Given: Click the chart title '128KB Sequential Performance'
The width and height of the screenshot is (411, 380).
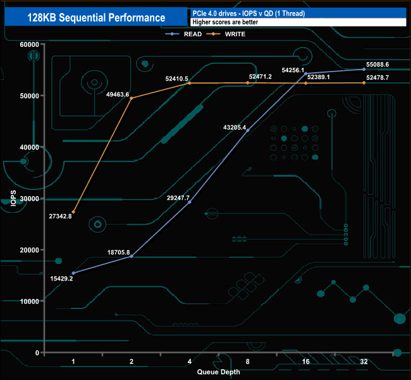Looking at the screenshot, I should (95, 18).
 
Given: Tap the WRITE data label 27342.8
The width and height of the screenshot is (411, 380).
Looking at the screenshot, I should (60, 216).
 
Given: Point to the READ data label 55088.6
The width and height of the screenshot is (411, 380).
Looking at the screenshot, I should (377, 65).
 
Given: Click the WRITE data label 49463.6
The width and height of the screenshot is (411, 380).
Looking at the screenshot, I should (118, 94).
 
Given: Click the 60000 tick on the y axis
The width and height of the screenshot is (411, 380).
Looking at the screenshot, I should (28, 44).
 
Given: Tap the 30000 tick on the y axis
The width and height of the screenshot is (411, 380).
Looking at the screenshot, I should (28, 198).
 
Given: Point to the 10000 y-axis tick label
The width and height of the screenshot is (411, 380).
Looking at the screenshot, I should (28, 301).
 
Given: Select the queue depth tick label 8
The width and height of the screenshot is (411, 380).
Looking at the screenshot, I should (247, 362).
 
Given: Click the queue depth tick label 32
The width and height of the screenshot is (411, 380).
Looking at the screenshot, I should (364, 362).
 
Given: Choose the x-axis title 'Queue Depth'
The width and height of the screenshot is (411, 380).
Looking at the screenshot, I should (218, 372).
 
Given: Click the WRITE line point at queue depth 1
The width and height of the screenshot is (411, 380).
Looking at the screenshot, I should (73, 212).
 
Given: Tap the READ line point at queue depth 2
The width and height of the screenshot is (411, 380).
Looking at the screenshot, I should (132, 256).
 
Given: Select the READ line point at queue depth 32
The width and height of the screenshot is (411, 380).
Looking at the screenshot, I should (364, 70).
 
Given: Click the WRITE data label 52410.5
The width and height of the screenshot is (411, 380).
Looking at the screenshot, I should (177, 79).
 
